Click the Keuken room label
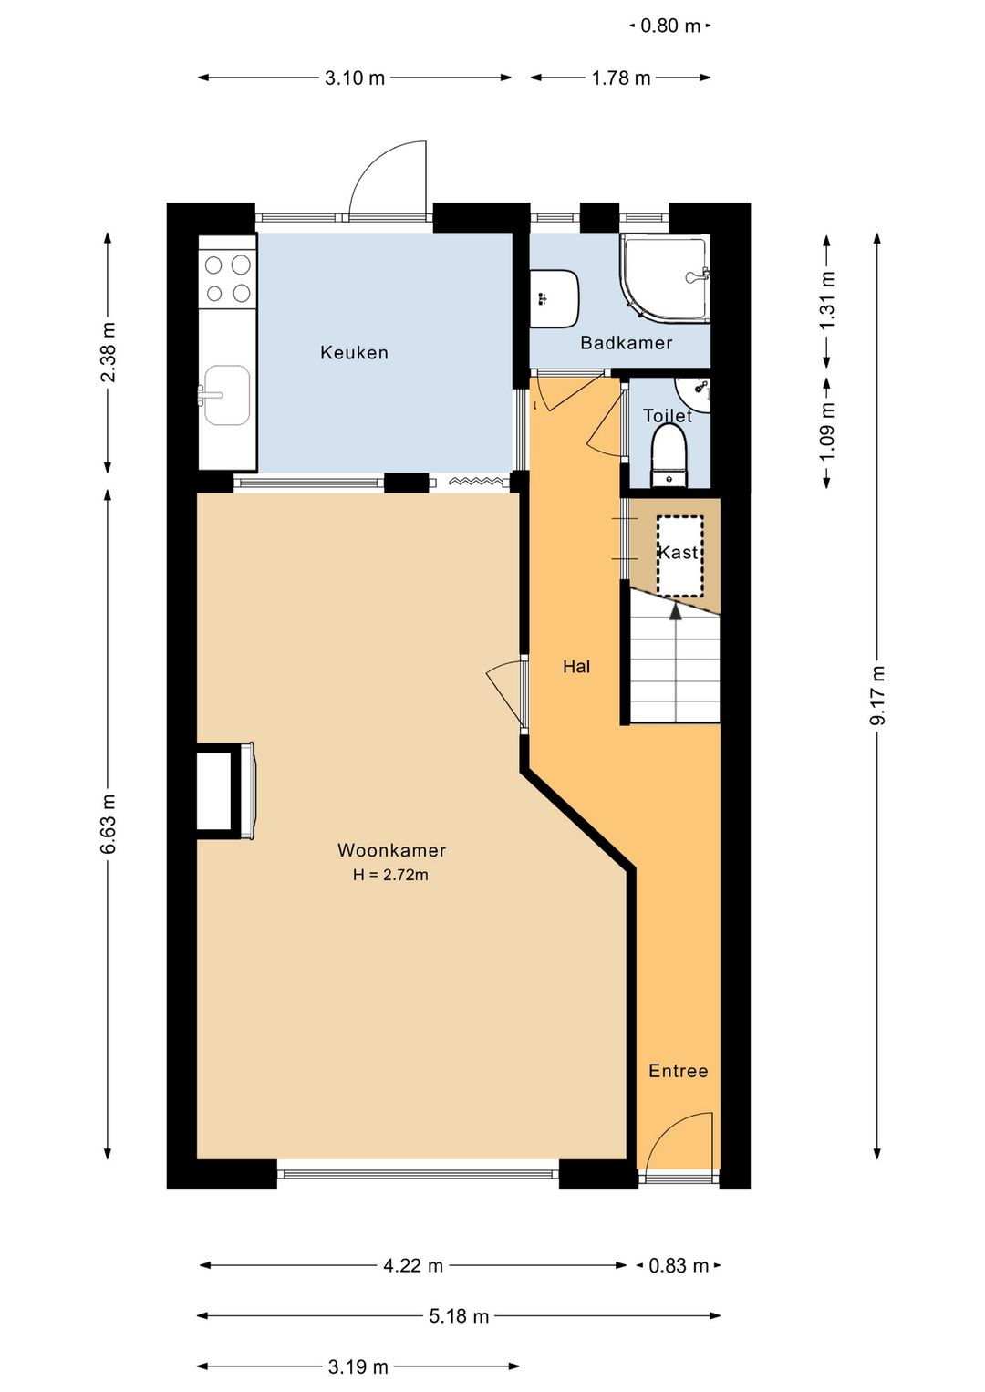pyautogui.click(x=354, y=353)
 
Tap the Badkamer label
pyautogui.click(x=627, y=342)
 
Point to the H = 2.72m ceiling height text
pyautogui.click(x=391, y=875)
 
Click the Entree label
pyautogui.click(x=678, y=1071)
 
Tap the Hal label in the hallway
pyautogui.click(x=576, y=667)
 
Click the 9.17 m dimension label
pyautogui.click(x=877, y=695)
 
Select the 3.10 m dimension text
pyautogui.click(x=355, y=78)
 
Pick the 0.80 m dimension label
pyautogui.click(x=670, y=26)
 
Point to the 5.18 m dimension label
pyautogui.click(x=459, y=1315)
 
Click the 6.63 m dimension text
pyautogui.click(x=109, y=815)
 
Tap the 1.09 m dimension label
pyautogui.click(x=827, y=432)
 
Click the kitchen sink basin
pyautogui.click(x=227, y=395)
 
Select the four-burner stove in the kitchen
pyautogui.click(x=227, y=279)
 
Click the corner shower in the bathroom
pyautogui.click(x=665, y=279)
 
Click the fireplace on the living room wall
pyautogui.click(x=225, y=791)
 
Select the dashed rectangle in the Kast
pyautogui.click(x=679, y=556)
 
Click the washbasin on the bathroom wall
pyautogui.click(x=555, y=298)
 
